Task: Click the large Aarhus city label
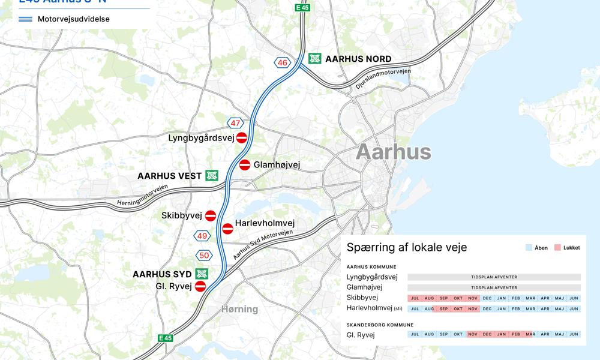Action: click(393, 152)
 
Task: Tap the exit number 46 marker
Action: click(282, 62)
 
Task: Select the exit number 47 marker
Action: click(235, 123)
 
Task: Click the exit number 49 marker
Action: click(202, 236)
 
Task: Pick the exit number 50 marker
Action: click(205, 256)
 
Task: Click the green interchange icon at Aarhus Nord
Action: click(315, 59)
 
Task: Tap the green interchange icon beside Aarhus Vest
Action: click(211, 176)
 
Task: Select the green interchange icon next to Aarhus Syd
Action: click(201, 274)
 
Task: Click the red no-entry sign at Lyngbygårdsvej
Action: click(242, 138)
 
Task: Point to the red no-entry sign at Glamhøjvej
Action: click(245, 164)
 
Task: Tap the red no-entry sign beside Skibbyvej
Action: click(211, 215)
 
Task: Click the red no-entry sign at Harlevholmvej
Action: click(227, 229)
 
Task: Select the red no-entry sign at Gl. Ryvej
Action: click(200, 286)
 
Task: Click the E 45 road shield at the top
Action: click(302, 7)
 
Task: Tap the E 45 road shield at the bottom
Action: click(165, 338)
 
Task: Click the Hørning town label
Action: click(239, 309)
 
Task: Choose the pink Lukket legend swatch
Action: click(557, 248)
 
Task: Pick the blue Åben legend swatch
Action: click(529, 248)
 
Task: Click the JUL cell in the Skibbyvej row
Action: click(415, 298)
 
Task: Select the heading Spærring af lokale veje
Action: click(407, 247)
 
